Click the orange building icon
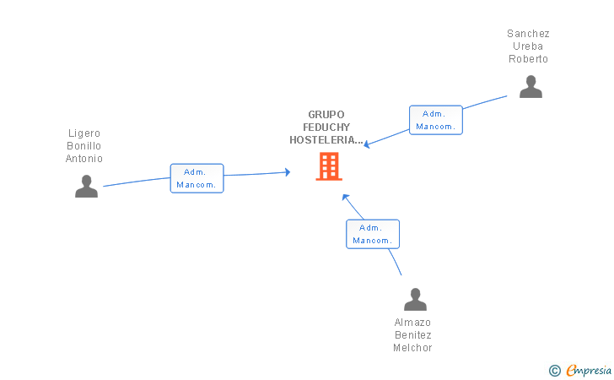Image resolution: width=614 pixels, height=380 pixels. click(x=329, y=166)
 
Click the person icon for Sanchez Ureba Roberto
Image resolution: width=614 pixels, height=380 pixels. click(x=531, y=87)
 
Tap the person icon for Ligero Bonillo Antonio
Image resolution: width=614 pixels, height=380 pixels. click(x=86, y=186)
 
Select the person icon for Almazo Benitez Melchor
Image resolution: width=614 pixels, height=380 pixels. click(x=415, y=300)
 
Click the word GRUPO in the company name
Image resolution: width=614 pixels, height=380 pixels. click(x=326, y=115)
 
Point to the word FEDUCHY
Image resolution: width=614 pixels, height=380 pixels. click(x=326, y=128)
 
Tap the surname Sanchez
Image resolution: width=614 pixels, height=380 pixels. click(x=528, y=34)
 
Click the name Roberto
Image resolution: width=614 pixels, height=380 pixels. click(x=528, y=59)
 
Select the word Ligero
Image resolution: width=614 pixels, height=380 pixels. click(x=84, y=133)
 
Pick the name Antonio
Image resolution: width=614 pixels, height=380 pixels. click(x=84, y=159)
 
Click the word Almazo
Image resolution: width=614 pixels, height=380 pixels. click(x=412, y=323)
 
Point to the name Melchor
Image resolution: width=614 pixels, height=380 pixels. click(x=412, y=348)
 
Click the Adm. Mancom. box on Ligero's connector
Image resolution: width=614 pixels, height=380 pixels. click(x=197, y=178)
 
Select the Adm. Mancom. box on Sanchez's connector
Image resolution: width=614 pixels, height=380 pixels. click(x=436, y=120)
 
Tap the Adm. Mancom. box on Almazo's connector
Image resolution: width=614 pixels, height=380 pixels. click(x=372, y=234)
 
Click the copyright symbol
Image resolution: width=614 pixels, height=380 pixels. click(x=554, y=370)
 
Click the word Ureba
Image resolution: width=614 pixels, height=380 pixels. click(x=528, y=46)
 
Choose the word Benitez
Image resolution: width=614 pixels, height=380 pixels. click(x=412, y=335)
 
